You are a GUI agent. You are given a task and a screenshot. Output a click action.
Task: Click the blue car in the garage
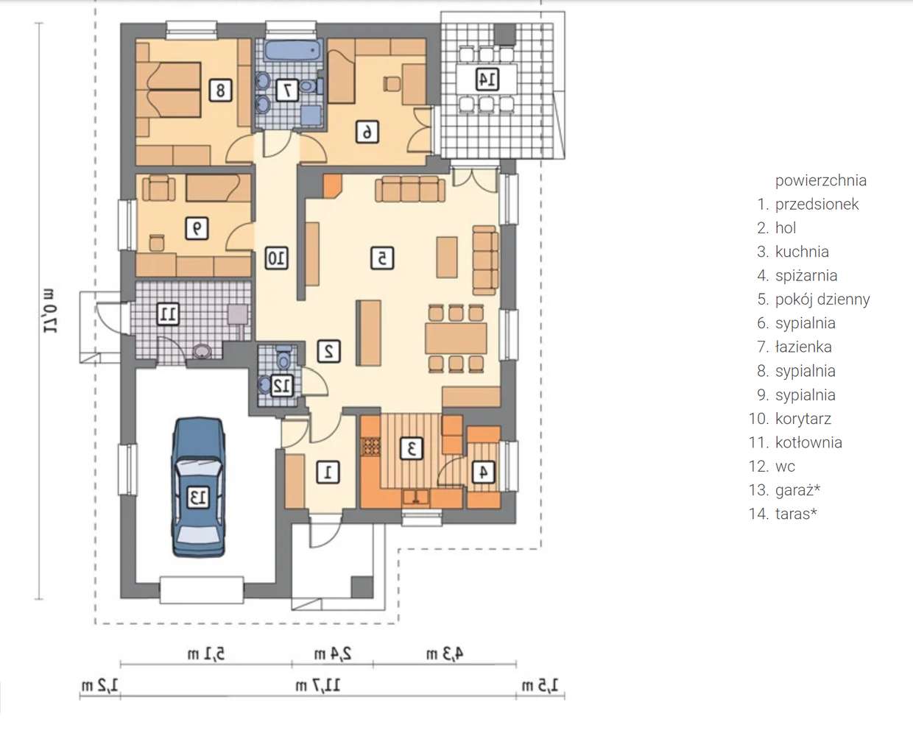[x=198, y=487]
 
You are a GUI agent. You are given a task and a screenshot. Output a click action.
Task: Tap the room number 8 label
[x=220, y=90]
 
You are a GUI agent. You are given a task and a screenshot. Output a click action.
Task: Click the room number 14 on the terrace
[x=487, y=79]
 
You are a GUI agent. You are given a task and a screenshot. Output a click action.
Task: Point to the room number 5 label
[x=382, y=258]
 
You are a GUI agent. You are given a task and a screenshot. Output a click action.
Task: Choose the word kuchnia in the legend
[x=802, y=252]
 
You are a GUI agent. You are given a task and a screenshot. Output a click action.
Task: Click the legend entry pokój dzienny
[x=822, y=300]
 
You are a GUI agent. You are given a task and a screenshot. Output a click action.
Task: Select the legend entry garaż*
[x=797, y=490]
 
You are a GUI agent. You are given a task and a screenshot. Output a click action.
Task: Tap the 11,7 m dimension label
[x=318, y=686]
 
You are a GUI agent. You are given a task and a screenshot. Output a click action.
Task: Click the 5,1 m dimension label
[x=206, y=654]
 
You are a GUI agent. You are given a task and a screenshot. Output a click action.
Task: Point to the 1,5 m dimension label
[x=540, y=685]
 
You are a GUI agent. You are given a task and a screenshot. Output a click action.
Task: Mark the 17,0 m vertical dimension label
[x=49, y=311]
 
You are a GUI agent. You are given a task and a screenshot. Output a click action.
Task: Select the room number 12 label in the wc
[x=282, y=386]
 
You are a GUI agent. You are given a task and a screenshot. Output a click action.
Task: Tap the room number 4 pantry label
[x=483, y=472]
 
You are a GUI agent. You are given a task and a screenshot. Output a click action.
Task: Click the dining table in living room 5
[x=456, y=338]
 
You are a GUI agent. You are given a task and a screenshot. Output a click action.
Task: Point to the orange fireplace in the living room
[x=332, y=185]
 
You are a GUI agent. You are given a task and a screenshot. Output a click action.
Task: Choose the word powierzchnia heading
[x=820, y=181]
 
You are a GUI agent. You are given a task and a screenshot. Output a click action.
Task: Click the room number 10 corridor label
[x=277, y=258]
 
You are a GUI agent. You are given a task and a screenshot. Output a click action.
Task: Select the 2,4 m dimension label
[x=333, y=654]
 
